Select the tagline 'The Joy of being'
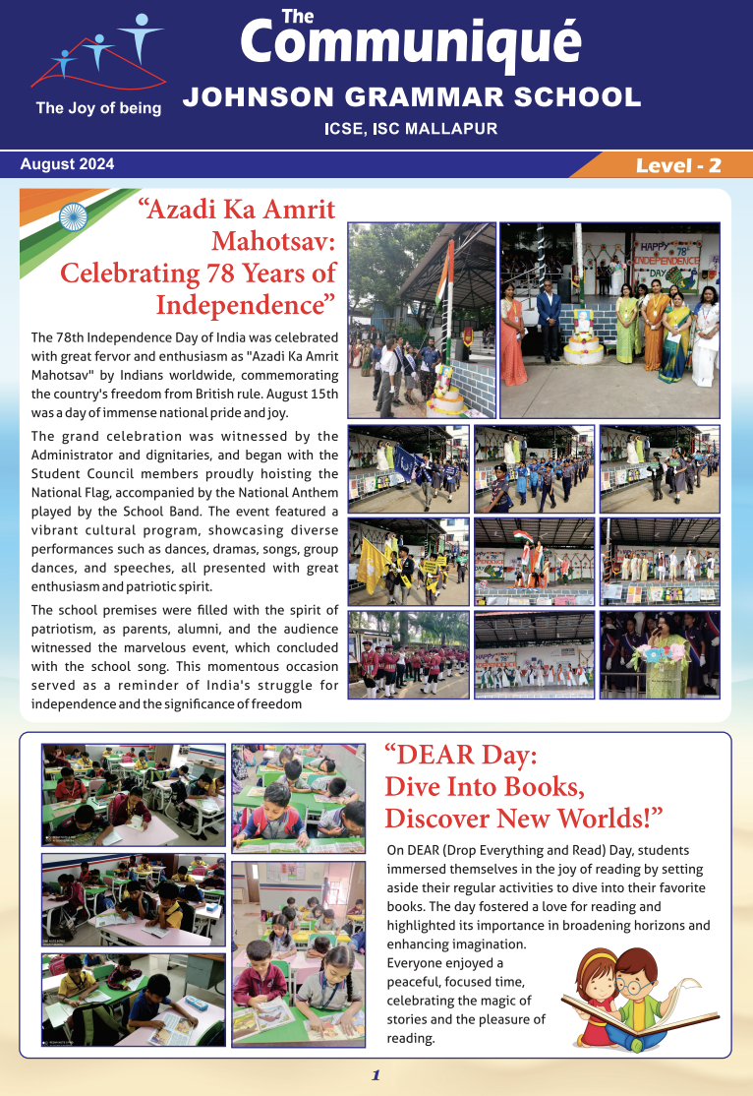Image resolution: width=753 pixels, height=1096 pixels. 98,108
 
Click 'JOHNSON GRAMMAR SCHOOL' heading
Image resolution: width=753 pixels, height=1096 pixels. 412,97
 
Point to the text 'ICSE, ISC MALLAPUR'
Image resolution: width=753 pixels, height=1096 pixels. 411,129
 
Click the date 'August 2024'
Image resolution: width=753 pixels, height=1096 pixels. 67,164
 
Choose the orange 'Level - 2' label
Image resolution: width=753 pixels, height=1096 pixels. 678,165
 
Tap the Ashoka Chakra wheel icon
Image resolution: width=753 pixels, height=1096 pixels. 73,216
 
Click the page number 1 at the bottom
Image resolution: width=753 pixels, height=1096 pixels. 376,1075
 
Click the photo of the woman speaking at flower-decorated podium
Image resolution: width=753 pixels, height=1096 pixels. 660,654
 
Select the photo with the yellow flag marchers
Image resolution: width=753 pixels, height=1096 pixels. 408,562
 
